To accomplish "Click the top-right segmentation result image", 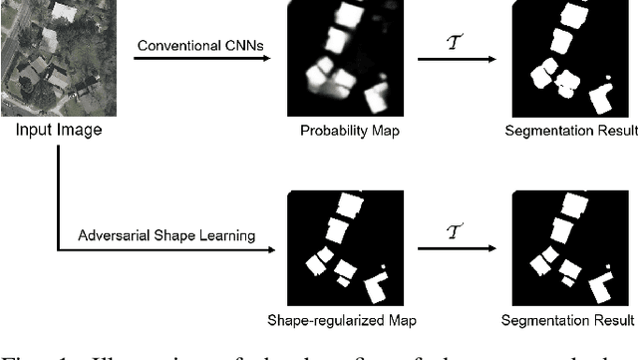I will (x=567, y=59).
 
